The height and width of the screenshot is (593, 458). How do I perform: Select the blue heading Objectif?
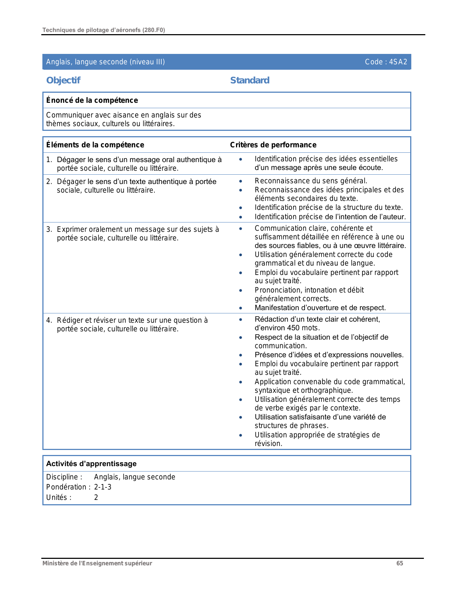point(63,80)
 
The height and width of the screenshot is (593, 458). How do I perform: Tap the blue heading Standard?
point(250,80)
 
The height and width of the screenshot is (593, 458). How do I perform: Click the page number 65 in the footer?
point(399,563)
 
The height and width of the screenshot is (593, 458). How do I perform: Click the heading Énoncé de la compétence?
point(92,100)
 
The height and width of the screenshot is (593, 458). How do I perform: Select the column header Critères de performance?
point(273,145)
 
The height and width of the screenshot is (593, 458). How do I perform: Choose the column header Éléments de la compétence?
point(95,145)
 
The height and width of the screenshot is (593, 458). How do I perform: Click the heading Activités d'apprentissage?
point(91,464)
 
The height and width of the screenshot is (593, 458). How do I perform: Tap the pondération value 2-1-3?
point(103,487)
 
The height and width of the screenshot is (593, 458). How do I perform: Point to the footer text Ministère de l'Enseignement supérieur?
point(97,563)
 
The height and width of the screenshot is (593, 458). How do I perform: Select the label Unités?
point(59,497)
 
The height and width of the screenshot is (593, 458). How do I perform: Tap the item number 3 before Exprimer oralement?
point(48,229)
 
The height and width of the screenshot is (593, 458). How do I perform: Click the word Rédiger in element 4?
point(70,320)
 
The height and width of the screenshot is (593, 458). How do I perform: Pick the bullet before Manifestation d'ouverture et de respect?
point(241,308)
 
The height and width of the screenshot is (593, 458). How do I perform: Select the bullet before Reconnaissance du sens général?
point(241,181)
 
